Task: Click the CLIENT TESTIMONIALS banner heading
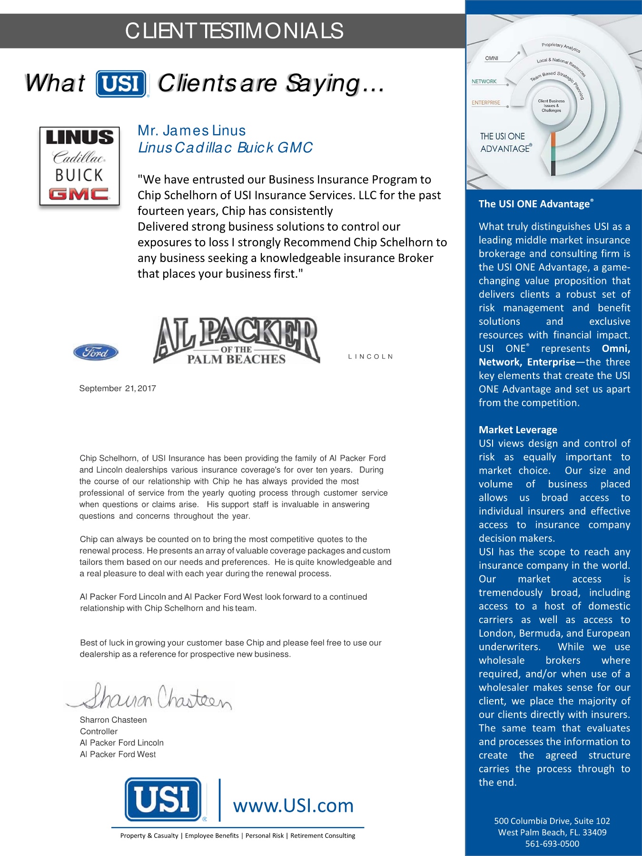(x=234, y=31)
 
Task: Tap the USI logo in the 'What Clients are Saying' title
(x=121, y=84)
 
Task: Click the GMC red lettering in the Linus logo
(x=79, y=194)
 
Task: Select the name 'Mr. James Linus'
(x=191, y=130)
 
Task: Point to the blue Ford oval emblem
(x=96, y=352)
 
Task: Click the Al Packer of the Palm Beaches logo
(x=236, y=341)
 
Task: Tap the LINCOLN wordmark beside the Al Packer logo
(x=370, y=357)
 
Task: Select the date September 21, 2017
(x=118, y=389)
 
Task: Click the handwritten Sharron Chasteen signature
(x=152, y=697)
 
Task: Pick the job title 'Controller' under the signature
(x=99, y=731)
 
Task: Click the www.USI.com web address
(x=293, y=806)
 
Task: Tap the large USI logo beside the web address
(x=163, y=799)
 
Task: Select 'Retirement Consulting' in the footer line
(x=323, y=836)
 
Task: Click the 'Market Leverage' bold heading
(x=518, y=430)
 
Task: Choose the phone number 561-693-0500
(x=552, y=844)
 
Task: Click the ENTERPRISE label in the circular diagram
(x=486, y=103)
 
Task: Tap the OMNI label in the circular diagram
(x=492, y=58)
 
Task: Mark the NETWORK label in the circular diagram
(x=484, y=82)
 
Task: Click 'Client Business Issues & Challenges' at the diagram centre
(x=551, y=106)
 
